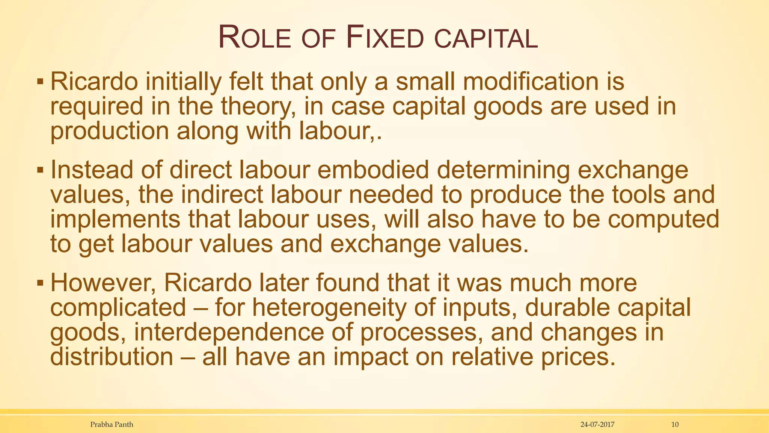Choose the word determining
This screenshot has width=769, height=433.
[503, 170]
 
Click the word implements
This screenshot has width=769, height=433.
[115, 220]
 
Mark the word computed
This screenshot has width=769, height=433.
[663, 220]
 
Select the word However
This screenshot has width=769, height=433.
[103, 283]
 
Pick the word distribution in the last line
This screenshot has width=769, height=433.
[112, 357]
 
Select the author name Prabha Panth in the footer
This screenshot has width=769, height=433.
[112, 424]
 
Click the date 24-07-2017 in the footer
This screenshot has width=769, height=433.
[597, 424]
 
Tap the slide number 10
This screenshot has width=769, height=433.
[675, 424]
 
